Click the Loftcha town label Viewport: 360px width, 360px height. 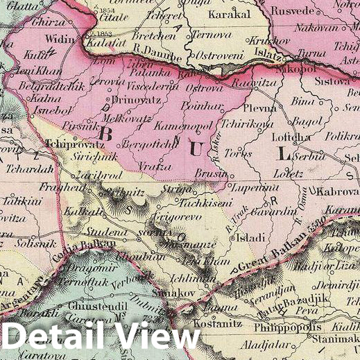tap(293, 137)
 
